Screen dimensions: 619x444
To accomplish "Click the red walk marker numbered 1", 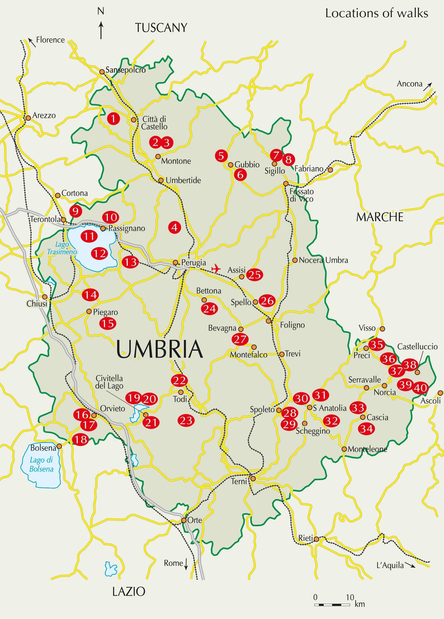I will pyautogui.click(x=113, y=119).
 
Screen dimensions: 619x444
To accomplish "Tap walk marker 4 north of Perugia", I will pyautogui.click(x=174, y=227).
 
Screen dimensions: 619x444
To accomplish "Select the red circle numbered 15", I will pyautogui.click(x=108, y=323).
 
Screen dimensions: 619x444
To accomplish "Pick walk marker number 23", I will pyautogui.click(x=186, y=420).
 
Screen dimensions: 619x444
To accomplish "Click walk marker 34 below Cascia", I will pyautogui.click(x=366, y=428).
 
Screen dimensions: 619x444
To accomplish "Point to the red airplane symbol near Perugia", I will pyautogui.click(x=216, y=269).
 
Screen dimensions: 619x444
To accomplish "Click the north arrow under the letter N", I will pyautogui.click(x=101, y=30).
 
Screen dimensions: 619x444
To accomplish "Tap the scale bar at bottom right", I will pyautogui.click(x=332, y=604).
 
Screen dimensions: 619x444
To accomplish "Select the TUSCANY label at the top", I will pyautogui.click(x=161, y=28).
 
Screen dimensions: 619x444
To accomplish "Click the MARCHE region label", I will pyautogui.click(x=379, y=217).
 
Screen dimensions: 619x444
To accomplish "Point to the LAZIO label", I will pyautogui.click(x=129, y=591).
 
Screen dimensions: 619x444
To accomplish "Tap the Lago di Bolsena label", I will pyautogui.click(x=41, y=464).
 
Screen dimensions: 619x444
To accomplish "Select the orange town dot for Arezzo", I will pyautogui.click(x=28, y=118).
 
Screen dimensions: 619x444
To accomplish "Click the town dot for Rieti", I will pyautogui.click(x=316, y=539).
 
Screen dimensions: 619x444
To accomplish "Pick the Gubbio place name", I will pyautogui.click(x=247, y=164).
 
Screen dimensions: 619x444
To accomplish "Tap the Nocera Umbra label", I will pyautogui.click(x=323, y=260).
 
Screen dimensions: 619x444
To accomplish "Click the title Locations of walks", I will pyautogui.click(x=377, y=13).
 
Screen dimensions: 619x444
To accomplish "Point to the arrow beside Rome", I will pyautogui.click(x=186, y=564).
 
